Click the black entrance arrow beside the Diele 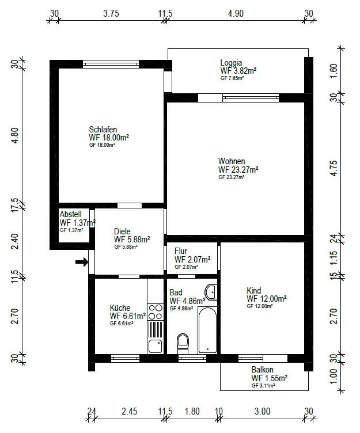[82, 262]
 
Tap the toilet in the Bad [183, 343]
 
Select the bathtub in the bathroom [207, 330]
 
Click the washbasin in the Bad [211, 291]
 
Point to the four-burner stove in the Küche [155, 312]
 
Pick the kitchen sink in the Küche [155, 346]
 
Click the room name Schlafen [103, 129]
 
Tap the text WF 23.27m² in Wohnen [238, 169]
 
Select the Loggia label [231, 63]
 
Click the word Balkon [262, 370]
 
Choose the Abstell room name [70, 214]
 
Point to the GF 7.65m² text [232, 78]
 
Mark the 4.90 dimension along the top [236, 14]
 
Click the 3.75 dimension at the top [111, 14]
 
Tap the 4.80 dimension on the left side [15, 135]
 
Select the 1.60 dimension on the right [334, 71]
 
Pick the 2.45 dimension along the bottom [129, 412]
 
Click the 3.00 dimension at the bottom [262, 412]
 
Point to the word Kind [253, 291]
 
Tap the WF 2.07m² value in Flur [192, 260]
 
